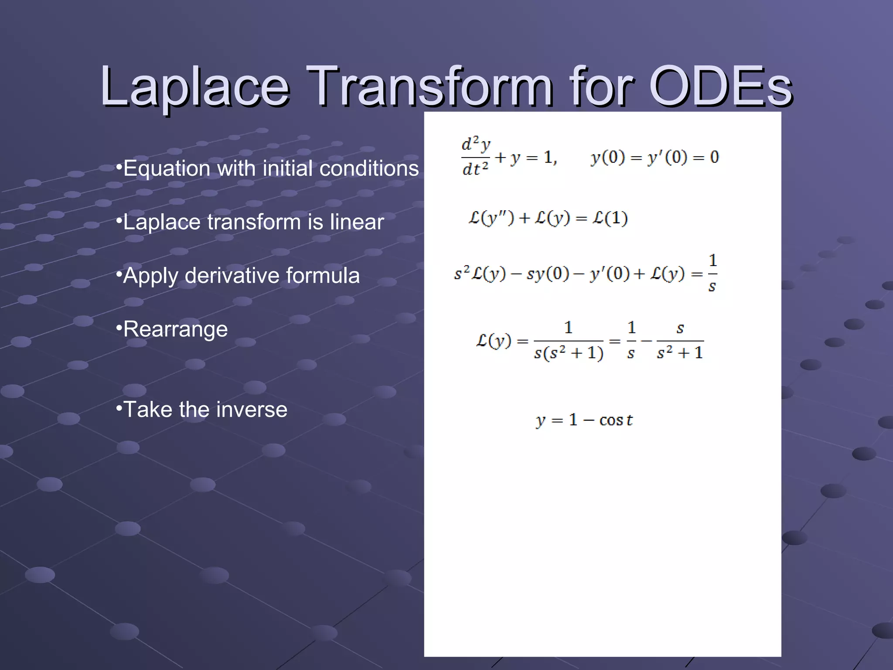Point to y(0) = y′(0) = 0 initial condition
(x=654, y=157)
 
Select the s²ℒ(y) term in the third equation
(x=480, y=274)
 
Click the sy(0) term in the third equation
(x=548, y=274)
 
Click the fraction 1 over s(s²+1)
(x=568, y=341)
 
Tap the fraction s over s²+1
(x=680, y=341)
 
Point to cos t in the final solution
(x=615, y=420)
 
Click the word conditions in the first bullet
(x=369, y=168)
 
